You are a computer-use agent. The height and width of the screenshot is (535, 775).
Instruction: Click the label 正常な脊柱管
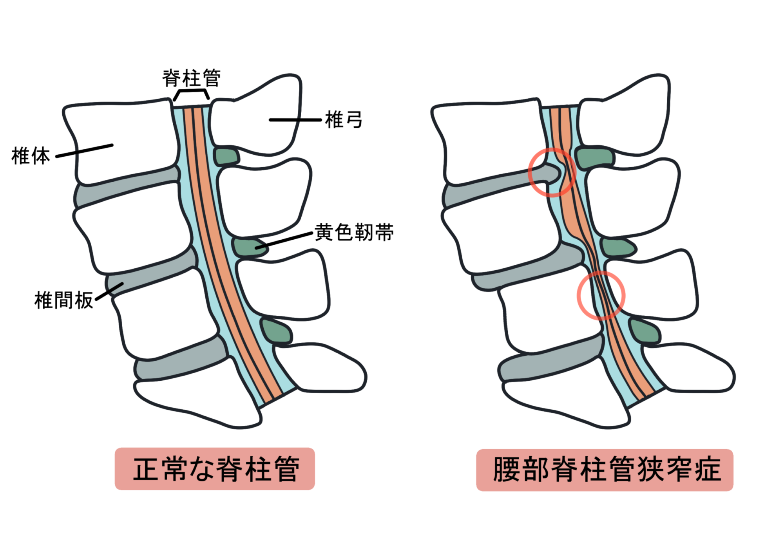[215, 469]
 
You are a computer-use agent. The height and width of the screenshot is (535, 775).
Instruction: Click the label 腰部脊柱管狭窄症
[605, 470]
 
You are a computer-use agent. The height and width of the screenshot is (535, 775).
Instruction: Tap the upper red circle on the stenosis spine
[552, 172]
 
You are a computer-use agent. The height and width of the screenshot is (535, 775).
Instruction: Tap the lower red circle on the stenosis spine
[601, 295]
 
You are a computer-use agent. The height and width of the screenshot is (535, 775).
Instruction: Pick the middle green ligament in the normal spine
[248, 248]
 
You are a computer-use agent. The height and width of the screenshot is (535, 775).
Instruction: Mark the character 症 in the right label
[708, 470]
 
